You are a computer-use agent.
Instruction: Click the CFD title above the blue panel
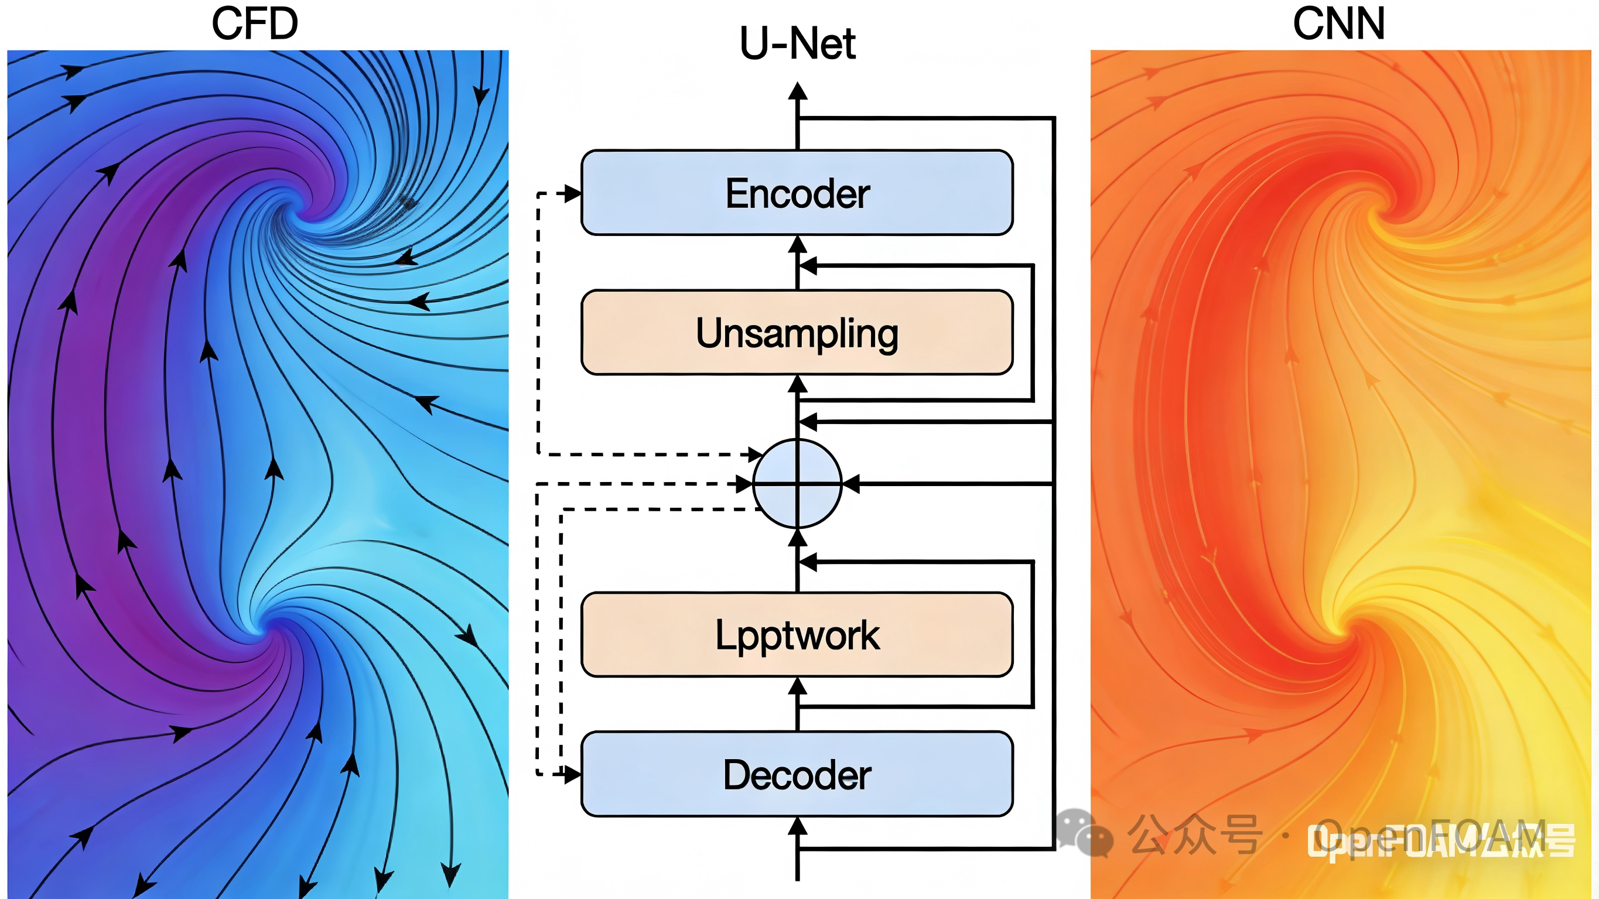tap(255, 23)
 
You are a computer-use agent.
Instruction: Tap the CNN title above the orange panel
tap(1338, 23)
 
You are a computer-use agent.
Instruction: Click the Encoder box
tap(797, 193)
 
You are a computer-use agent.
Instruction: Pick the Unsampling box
tap(797, 333)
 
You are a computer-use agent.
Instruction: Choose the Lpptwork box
tap(797, 634)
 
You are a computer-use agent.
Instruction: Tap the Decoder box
tap(797, 774)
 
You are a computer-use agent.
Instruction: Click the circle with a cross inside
tap(797, 484)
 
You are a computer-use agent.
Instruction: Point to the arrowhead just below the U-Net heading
tap(798, 92)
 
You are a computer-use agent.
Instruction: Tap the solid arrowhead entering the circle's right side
tap(850, 484)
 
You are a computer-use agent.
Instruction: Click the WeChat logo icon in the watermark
tap(1084, 834)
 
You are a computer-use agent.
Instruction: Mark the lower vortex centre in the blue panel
tap(273, 624)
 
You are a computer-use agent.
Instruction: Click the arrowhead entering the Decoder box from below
tap(798, 826)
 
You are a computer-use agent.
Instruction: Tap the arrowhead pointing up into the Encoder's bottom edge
tap(798, 244)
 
